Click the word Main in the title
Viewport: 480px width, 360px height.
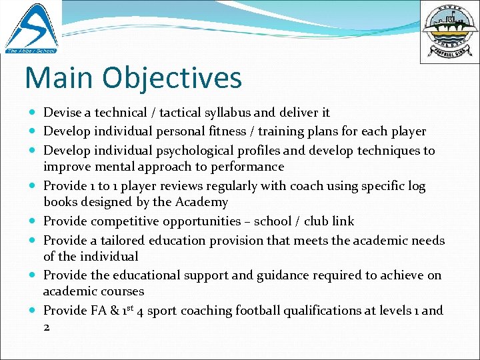(x=59, y=77)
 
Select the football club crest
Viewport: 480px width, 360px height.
(x=449, y=31)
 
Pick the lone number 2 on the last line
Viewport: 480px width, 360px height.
(x=47, y=327)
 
